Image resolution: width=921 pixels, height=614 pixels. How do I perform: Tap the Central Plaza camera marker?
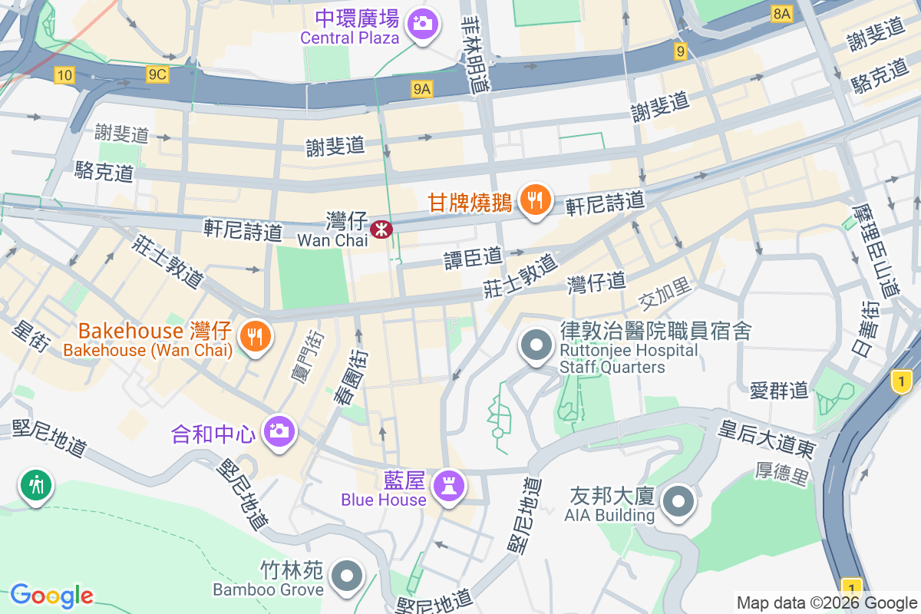[421, 22]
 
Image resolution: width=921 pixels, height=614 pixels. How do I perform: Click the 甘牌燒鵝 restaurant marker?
[535, 200]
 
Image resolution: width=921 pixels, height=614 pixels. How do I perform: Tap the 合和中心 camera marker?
[278, 431]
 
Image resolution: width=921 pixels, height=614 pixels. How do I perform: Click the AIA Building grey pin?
[678, 503]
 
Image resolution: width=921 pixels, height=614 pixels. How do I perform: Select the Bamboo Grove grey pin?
[347, 575]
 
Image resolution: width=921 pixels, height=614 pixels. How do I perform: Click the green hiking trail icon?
[35, 484]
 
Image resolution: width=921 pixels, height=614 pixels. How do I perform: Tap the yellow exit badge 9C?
[157, 74]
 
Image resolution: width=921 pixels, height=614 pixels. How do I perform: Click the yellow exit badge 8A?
[781, 14]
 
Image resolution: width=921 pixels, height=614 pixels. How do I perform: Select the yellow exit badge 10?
[64, 74]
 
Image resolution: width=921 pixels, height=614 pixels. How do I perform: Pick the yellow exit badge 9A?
[422, 90]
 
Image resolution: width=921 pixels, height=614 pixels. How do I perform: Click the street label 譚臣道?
[473, 258]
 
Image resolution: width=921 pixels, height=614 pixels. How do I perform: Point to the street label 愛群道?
[779, 390]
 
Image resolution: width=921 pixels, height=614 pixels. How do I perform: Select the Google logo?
[52, 596]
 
